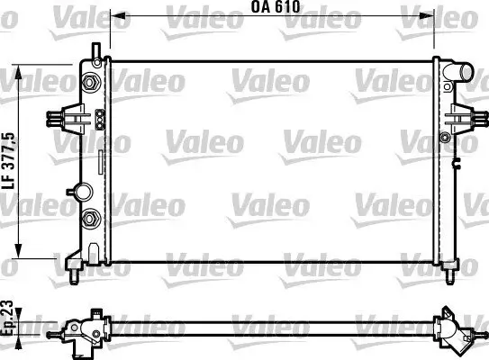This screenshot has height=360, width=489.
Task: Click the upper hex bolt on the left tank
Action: pos(90,85)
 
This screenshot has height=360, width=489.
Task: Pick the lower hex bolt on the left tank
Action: pos(90,220)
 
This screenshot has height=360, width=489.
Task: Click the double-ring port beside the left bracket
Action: pos(100,118)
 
